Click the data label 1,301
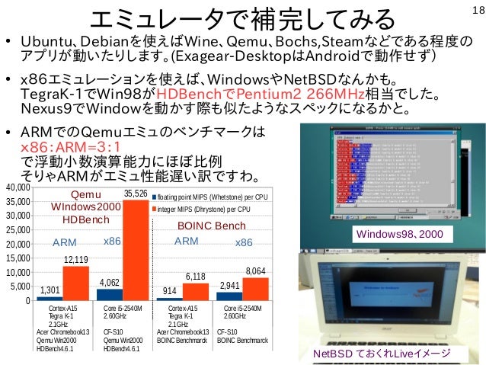pos(50,290)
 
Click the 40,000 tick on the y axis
pos(15,187)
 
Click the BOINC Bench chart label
pos(211,226)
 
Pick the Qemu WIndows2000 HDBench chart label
pos(74,207)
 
